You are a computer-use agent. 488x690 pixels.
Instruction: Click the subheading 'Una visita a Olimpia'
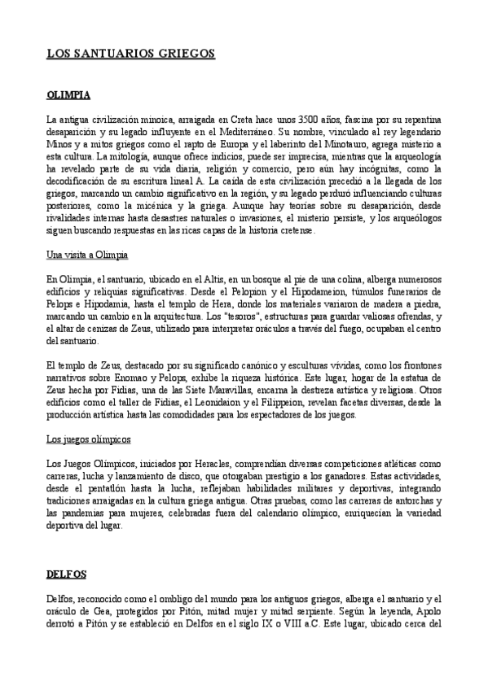click(x=87, y=255)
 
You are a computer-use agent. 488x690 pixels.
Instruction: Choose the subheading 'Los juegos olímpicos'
click(x=88, y=439)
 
